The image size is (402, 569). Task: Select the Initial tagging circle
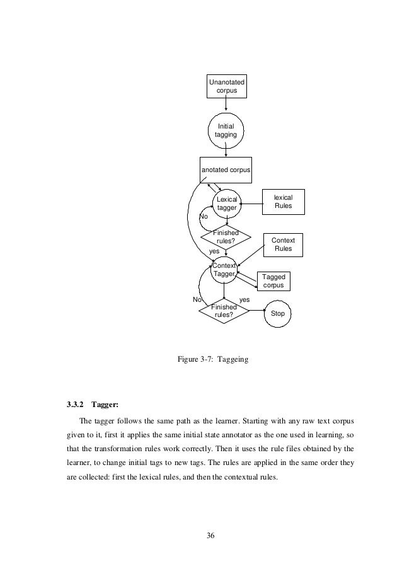pyautogui.click(x=226, y=130)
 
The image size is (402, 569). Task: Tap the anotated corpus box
pyautogui.click(x=226, y=170)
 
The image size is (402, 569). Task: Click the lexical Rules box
pyautogui.click(x=283, y=202)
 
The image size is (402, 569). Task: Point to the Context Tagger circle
pyautogui.click(x=224, y=270)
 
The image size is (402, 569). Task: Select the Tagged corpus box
pyautogui.click(x=273, y=281)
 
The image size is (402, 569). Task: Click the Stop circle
pyautogui.click(x=277, y=313)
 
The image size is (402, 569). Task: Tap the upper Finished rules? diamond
pyautogui.click(x=226, y=238)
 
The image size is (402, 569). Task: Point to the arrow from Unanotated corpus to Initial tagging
pyautogui.click(x=226, y=107)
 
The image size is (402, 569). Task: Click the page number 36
pyautogui.click(x=211, y=536)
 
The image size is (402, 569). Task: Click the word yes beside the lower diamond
pyautogui.click(x=245, y=300)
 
